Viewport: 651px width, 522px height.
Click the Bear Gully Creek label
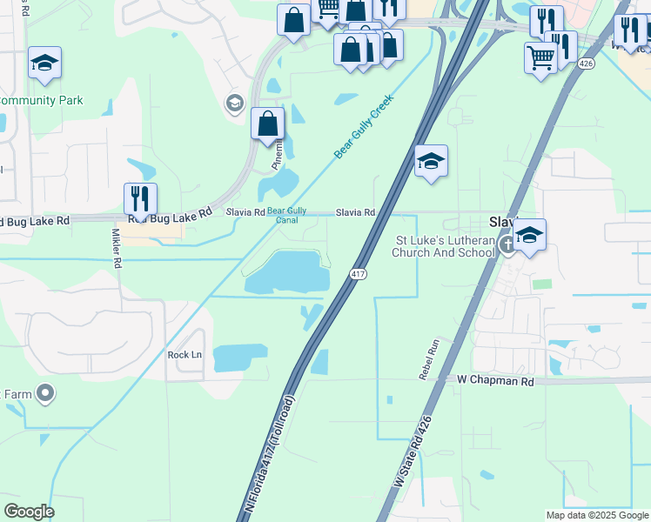[x=365, y=126]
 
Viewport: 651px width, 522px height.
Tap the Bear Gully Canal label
[x=286, y=215]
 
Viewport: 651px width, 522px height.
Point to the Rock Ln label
[x=185, y=355]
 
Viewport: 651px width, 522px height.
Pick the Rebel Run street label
[x=426, y=359]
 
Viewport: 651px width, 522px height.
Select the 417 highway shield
[x=358, y=274]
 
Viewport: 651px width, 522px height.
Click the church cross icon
[x=509, y=247]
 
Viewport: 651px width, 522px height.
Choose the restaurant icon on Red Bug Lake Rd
[x=140, y=199]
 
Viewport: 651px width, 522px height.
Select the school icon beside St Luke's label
[x=529, y=235]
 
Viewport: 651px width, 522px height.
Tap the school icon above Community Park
[x=44, y=64]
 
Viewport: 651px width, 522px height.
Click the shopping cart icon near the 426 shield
[x=541, y=58]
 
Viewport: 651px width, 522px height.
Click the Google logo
[x=29, y=512]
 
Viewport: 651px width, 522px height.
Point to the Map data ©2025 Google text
[x=595, y=515]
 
